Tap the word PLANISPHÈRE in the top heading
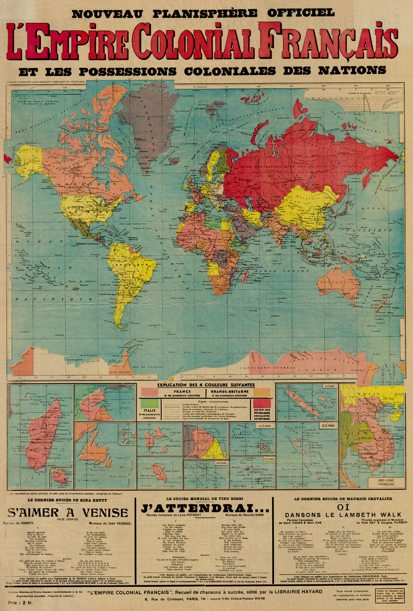[188, 12]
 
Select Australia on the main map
[339, 283]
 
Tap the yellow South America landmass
[130, 275]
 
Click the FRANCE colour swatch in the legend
[156, 393]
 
